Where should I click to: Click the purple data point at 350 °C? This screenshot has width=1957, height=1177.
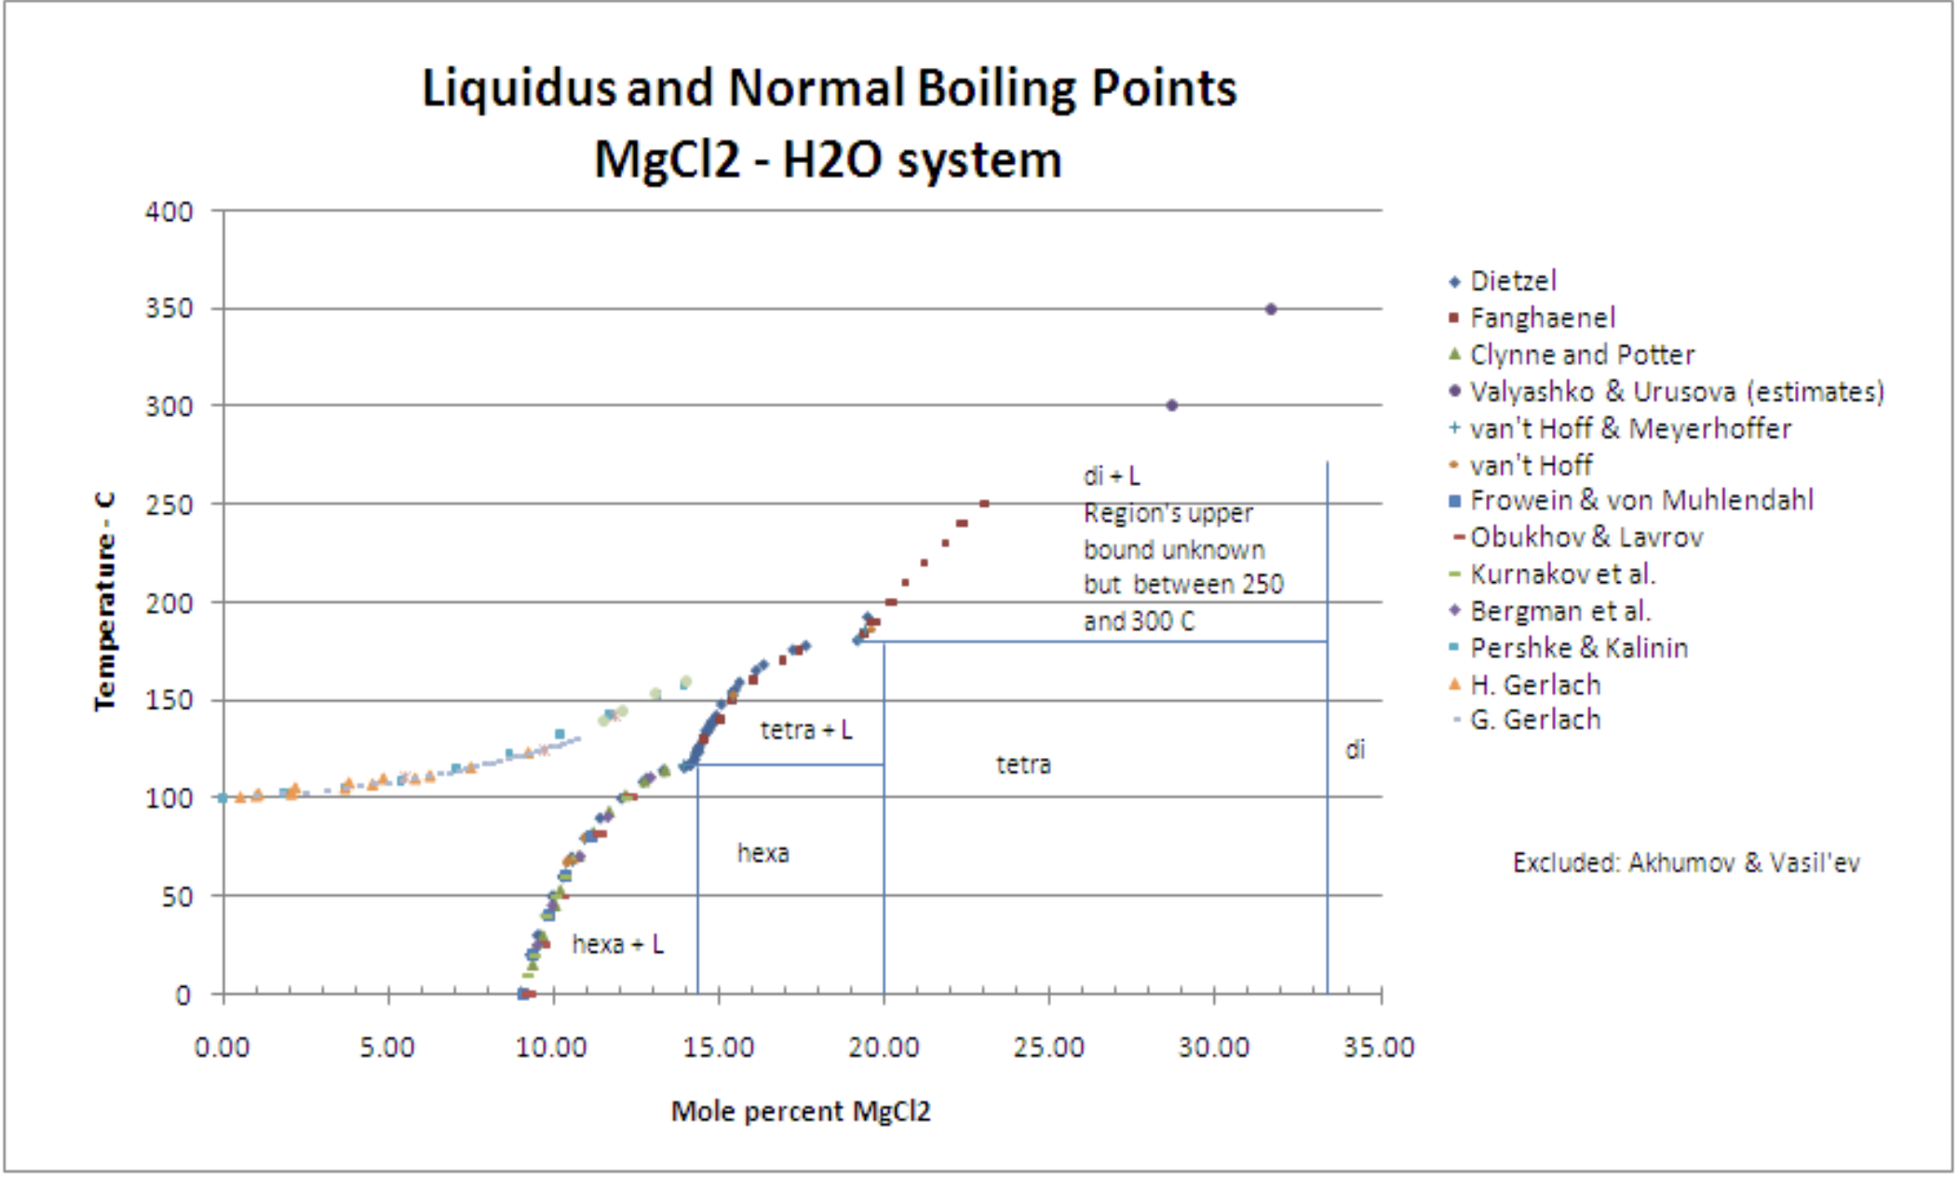tap(1271, 309)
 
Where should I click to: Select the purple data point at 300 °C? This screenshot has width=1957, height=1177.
tap(1172, 405)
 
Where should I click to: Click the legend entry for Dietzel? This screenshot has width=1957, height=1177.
tap(1513, 280)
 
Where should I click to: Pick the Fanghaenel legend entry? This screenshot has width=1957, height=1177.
tap(1543, 318)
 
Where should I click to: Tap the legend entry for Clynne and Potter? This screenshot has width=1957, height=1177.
tap(1582, 355)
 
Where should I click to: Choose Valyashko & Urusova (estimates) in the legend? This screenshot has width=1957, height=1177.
tap(1677, 391)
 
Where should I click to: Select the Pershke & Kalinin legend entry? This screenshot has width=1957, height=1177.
tap(1579, 647)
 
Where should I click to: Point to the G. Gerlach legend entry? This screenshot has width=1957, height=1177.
tap(1535, 719)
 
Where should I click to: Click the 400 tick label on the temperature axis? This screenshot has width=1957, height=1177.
tap(169, 211)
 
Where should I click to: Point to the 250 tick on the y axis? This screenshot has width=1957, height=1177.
tap(169, 505)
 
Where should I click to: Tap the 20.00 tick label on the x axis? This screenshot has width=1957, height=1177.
tap(884, 1048)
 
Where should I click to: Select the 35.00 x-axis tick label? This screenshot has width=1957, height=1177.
tap(1379, 1048)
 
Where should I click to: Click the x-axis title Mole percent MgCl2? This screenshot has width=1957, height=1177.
tap(801, 1111)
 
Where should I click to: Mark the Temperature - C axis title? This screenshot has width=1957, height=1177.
tap(105, 602)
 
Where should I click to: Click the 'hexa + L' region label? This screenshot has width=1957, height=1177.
tap(617, 944)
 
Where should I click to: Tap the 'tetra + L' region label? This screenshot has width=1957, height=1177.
tap(806, 730)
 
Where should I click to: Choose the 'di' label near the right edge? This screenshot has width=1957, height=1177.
tap(1355, 750)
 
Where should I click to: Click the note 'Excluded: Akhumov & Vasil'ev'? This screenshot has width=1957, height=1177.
tap(1686, 862)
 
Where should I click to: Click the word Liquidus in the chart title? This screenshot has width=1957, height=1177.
tap(518, 88)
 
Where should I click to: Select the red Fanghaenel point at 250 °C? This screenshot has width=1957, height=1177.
tap(984, 504)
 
